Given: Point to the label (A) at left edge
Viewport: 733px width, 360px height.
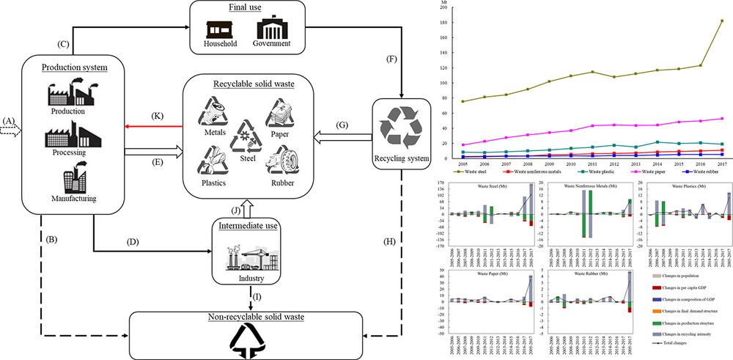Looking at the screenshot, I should click(9, 121).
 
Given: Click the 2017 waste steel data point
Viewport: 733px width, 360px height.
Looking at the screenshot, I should click(722, 21).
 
